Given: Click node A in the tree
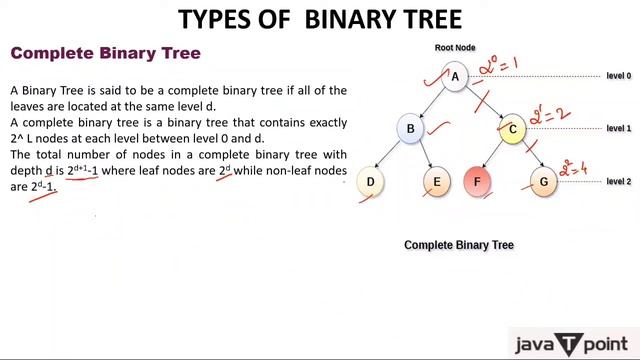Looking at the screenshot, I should (455, 77).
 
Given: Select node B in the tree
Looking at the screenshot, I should (410, 128).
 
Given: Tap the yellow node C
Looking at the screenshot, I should (512, 128).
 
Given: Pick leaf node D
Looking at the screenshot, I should (371, 182).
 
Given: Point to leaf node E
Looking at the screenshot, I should (437, 182).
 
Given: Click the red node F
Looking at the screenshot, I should (478, 182).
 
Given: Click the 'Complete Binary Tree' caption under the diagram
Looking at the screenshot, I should (458, 245).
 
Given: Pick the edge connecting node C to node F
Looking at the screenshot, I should (495, 155).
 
